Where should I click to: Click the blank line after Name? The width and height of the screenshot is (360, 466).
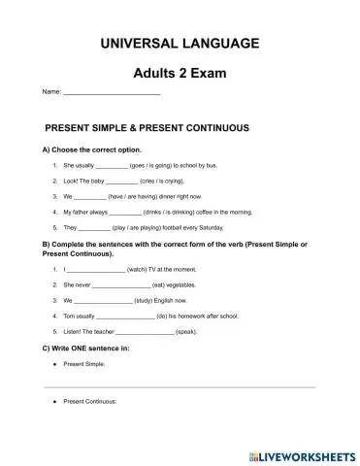click(111, 93)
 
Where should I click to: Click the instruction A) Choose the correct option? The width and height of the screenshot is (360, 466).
click(91, 150)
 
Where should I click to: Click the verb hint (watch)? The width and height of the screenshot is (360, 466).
click(137, 268)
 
